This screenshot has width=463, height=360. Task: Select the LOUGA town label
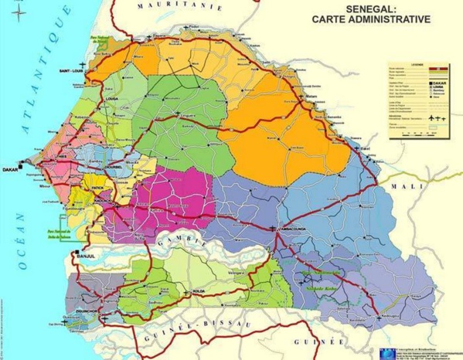coord(89,121)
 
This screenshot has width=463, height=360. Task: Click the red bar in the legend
coord(432,69)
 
